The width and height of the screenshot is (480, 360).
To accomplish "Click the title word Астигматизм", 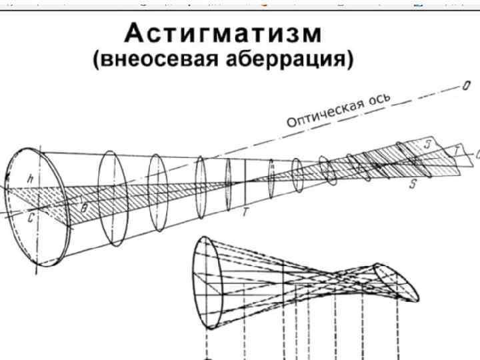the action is point(223,33).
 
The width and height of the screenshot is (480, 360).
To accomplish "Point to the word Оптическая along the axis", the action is point(324,114).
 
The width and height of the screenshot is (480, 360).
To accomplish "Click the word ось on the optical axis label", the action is point(378,102).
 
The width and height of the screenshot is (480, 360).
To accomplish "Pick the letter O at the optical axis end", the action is point(467,86).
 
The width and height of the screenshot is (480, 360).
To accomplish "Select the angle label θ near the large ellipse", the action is point(84,207).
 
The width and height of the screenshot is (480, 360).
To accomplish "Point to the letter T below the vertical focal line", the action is point(245,213).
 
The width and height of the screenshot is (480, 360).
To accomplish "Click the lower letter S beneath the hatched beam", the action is point(413,185).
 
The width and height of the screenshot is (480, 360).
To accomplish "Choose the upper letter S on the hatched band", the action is point(427,145).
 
